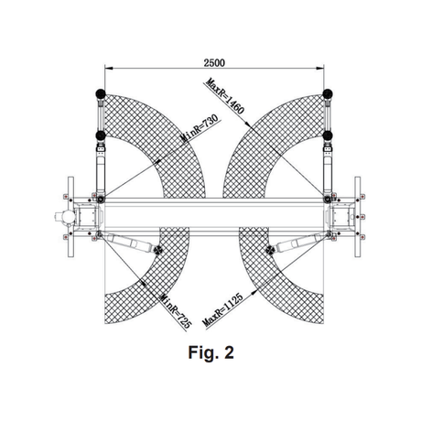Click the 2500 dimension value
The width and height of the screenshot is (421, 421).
(x=214, y=63)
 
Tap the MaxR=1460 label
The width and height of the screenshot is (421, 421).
(x=225, y=96)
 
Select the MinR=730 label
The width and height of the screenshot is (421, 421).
(x=200, y=128)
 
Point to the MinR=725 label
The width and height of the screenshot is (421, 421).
(x=176, y=311)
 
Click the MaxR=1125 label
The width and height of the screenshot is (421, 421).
(x=222, y=309)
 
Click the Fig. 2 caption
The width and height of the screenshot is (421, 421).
(x=211, y=352)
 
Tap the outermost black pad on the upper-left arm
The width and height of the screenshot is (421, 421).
(x=101, y=93)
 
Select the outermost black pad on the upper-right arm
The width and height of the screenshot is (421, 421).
(x=328, y=93)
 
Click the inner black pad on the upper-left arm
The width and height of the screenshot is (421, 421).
(x=101, y=135)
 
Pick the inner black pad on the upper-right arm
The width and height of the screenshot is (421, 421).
(x=328, y=135)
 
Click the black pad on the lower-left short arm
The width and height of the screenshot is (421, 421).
(x=158, y=250)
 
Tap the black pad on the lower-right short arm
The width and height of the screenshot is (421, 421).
(x=270, y=250)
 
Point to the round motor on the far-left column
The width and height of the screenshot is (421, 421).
(x=68, y=217)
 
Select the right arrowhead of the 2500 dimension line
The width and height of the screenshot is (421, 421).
(x=320, y=68)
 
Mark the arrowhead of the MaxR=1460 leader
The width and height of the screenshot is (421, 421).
(x=248, y=124)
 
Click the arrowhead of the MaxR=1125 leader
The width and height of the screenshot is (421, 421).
(x=254, y=293)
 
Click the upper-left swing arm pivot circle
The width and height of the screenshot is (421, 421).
(x=101, y=200)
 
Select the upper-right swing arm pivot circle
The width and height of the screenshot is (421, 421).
(x=328, y=200)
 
